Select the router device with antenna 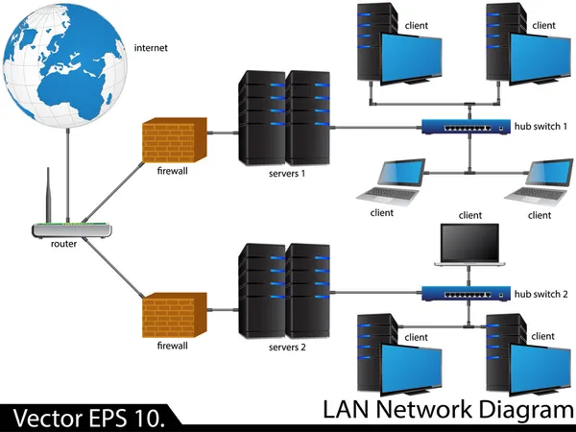click(72, 230)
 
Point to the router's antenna click(49, 196)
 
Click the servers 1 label click(287, 174)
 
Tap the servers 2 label click(287, 347)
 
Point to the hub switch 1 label click(541, 127)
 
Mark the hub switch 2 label click(541, 294)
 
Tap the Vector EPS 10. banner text click(89, 418)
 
